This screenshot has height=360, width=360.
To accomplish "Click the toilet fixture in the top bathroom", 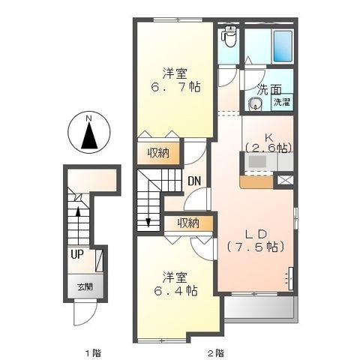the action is [229, 36].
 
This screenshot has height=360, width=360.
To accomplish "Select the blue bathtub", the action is [283, 46].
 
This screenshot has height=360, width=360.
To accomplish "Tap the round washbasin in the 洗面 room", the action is [256, 104].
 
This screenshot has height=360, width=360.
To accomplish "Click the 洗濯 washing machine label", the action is [282, 102].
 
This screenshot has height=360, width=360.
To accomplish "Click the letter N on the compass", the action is [88, 118].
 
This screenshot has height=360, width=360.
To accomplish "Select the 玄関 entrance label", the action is [85, 286].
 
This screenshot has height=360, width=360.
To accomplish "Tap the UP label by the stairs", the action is [77, 254].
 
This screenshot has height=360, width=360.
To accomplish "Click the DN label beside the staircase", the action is [194, 181].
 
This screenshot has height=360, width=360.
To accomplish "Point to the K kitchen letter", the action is [269, 137].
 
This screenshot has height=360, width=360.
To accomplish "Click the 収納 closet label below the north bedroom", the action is [158, 153].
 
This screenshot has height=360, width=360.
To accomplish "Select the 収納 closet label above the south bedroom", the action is [188, 223].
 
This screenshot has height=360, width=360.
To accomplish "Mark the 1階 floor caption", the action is [94, 353].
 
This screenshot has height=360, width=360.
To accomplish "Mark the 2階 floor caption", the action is [216, 353].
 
